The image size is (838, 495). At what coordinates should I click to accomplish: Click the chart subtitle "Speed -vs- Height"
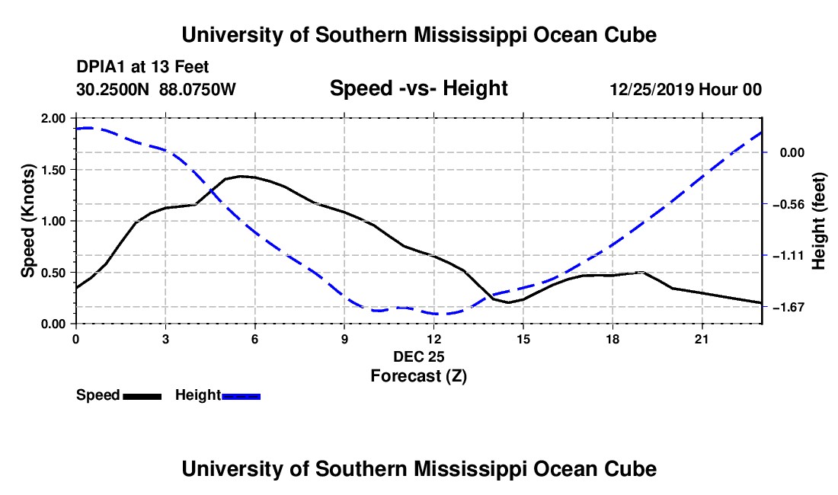tap(418, 88)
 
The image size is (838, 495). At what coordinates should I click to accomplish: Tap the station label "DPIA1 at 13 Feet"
tap(142, 67)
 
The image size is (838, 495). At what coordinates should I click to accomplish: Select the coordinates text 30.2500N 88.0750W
tap(156, 89)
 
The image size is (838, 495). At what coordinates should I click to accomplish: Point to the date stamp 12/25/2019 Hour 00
tap(686, 89)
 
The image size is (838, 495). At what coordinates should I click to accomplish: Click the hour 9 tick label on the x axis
tap(344, 339)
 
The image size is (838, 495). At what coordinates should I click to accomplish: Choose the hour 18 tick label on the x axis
tap(613, 339)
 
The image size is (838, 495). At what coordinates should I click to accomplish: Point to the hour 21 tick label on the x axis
tap(702, 339)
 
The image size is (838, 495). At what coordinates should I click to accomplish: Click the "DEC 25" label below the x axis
tap(419, 356)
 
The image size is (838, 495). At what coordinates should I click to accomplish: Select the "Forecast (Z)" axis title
tap(419, 376)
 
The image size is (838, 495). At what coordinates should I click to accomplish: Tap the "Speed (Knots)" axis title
tap(27, 221)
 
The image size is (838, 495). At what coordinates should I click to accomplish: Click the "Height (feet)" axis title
tap(818, 221)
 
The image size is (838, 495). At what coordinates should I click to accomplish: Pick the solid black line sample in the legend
tap(142, 396)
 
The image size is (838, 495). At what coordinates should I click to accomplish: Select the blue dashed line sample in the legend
tap(241, 396)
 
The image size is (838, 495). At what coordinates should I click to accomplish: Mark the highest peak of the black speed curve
tap(241, 176)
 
